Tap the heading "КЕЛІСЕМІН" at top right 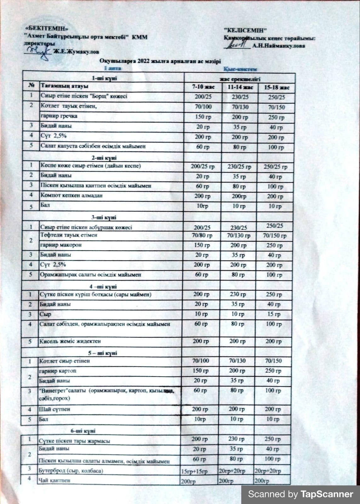click(x=245, y=30)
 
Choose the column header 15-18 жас click(x=276, y=87)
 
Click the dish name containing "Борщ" click(x=83, y=96)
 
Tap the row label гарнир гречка click(x=59, y=116)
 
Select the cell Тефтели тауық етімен click(x=68, y=235)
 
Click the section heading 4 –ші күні click(x=103, y=287)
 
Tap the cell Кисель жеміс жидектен click(x=70, y=341)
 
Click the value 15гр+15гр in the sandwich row click(x=194, y=471)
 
